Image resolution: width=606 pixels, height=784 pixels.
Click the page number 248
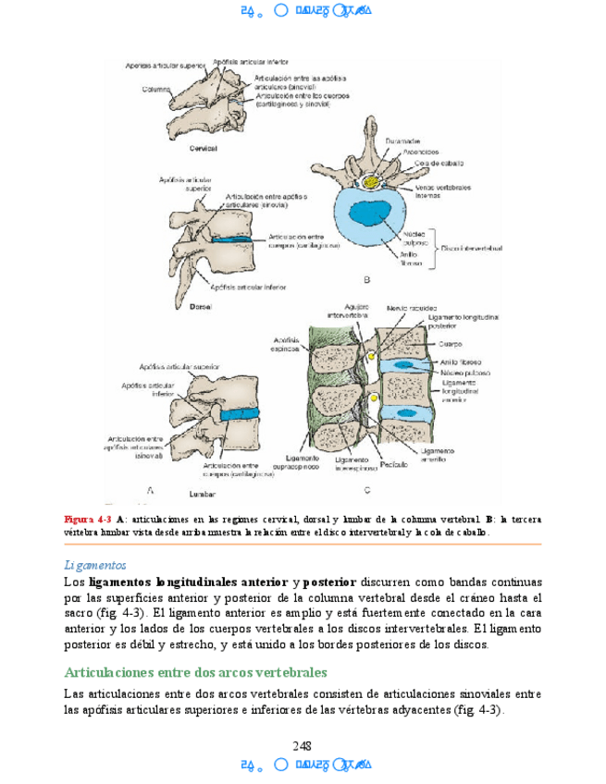(x=302, y=746)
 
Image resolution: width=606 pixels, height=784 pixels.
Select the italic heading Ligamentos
(x=95, y=564)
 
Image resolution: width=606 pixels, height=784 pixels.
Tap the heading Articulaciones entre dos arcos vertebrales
(x=195, y=672)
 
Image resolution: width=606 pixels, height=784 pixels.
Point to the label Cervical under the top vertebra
(x=203, y=149)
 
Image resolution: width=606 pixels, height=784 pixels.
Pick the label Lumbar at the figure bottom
(x=201, y=494)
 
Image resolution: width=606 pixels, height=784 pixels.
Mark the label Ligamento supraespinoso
(x=303, y=463)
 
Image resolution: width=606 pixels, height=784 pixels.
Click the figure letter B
(x=366, y=278)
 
